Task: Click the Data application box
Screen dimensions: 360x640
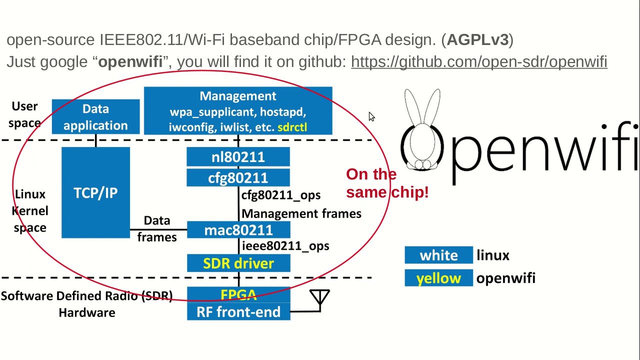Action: tap(95, 117)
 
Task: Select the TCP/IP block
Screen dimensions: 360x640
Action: tap(95, 192)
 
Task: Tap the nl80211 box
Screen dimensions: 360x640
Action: tap(238, 157)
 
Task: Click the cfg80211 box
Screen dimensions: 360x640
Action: tap(238, 178)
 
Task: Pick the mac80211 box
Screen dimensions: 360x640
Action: tap(238, 230)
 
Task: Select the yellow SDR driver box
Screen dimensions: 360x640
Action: tap(238, 263)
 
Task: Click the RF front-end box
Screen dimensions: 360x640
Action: tap(238, 312)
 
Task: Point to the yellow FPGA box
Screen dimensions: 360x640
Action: tap(238, 294)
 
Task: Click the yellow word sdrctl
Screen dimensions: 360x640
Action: tap(292, 127)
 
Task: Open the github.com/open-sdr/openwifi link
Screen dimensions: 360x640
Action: tap(479, 61)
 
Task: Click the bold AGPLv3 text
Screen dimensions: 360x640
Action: tap(477, 40)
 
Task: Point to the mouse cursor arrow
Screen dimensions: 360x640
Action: tap(371, 116)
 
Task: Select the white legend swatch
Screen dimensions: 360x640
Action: tap(438, 255)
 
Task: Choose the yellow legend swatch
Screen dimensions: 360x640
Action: tap(438, 278)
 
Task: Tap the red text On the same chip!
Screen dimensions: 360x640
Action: tap(386, 183)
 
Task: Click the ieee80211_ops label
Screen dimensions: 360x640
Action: tap(285, 246)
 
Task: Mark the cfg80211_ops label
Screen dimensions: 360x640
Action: tap(281, 195)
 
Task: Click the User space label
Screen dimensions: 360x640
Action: tap(24, 114)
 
